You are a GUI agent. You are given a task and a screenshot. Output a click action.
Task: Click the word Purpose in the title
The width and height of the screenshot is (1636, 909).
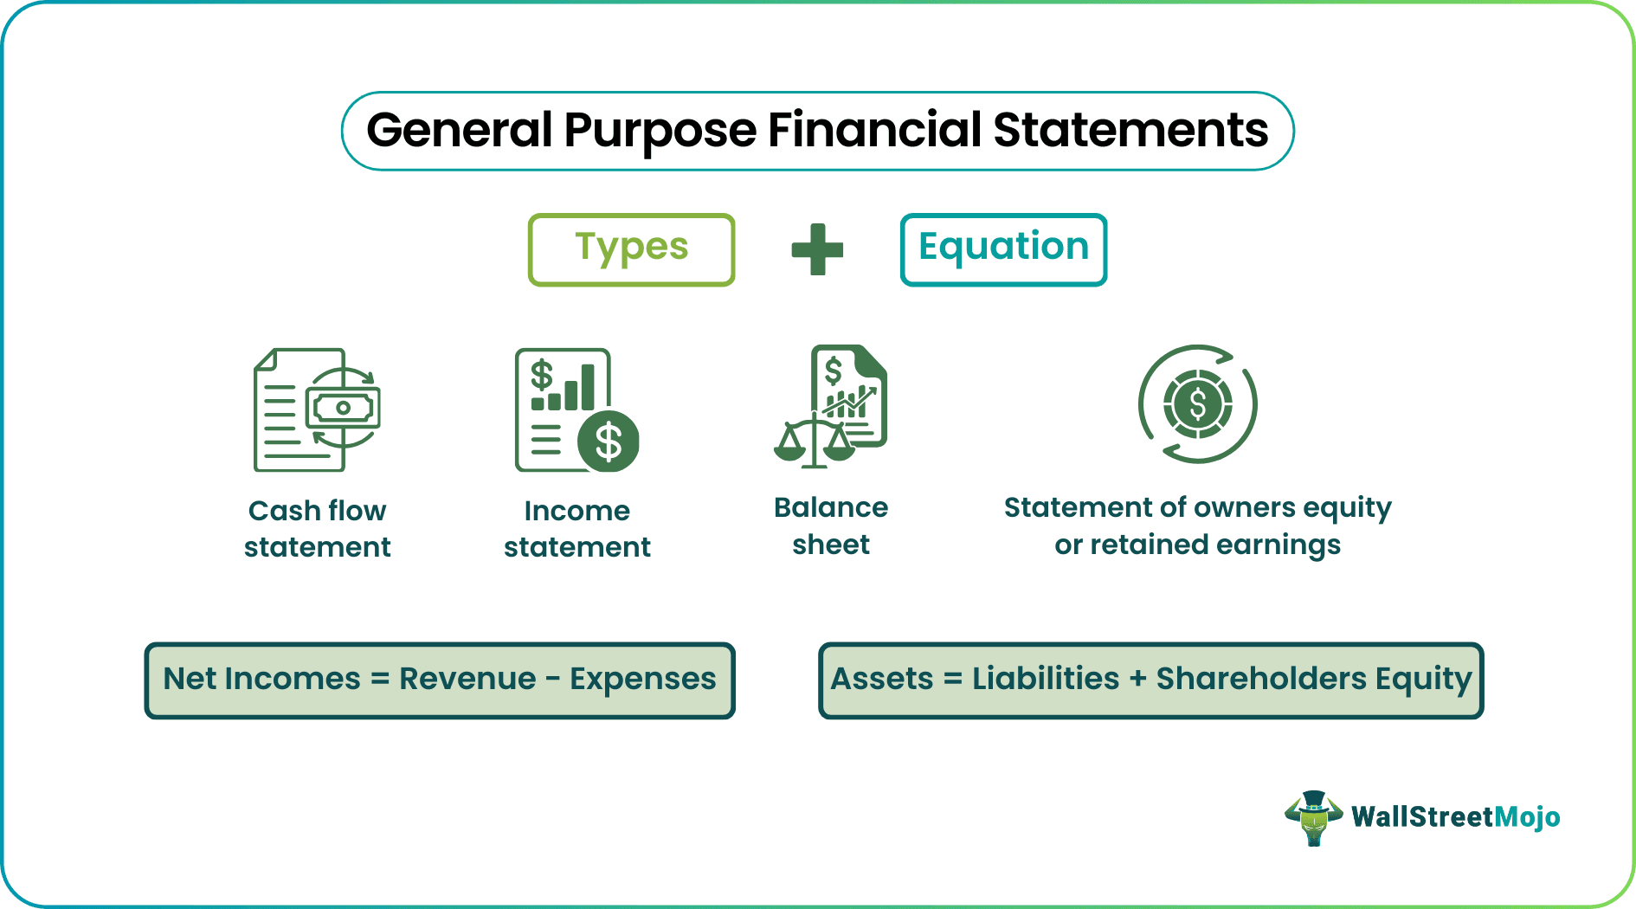(x=660, y=130)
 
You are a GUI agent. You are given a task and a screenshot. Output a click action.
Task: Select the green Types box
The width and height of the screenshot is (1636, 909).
(x=631, y=249)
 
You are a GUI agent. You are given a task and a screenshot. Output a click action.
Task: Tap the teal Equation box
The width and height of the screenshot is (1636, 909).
(x=1003, y=249)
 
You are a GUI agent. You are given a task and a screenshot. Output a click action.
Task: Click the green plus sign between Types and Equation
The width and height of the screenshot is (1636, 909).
(x=817, y=249)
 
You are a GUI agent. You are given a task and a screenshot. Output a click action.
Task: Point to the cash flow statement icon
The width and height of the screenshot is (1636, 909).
(x=317, y=409)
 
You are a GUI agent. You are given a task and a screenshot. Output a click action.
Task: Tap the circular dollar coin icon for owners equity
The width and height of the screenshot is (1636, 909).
(x=1197, y=403)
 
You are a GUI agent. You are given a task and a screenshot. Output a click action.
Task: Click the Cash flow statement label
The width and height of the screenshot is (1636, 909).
(x=317, y=528)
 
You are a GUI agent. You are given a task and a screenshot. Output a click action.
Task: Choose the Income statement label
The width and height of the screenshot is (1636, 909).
(x=576, y=528)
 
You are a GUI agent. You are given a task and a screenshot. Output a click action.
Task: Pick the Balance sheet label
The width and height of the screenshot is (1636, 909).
(x=831, y=525)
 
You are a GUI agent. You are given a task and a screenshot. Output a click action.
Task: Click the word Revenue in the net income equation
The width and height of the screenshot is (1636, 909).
(x=467, y=679)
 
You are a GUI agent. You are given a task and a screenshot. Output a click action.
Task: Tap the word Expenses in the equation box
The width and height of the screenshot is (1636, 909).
(x=642, y=679)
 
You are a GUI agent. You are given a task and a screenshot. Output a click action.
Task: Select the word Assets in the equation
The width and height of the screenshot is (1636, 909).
(x=882, y=679)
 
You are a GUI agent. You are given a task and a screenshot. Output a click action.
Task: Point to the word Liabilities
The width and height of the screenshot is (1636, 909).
(x=1046, y=679)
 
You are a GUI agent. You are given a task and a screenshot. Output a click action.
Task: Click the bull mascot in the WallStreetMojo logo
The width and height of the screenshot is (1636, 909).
(x=1313, y=817)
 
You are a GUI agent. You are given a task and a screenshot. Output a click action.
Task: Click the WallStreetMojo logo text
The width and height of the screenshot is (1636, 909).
(x=1455, y=817)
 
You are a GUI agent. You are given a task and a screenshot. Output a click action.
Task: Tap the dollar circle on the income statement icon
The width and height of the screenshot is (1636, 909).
(x=609, y=442)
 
